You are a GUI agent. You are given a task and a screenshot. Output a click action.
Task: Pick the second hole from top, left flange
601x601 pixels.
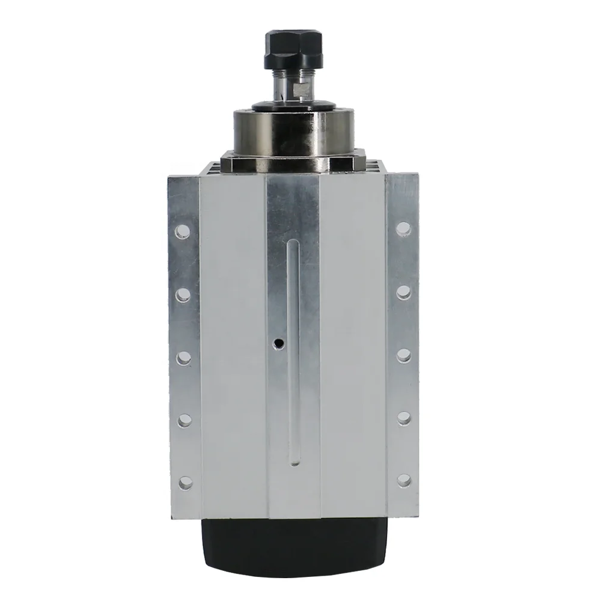[x=184, y=294]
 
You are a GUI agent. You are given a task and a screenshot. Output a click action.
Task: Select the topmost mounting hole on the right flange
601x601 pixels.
[x=404, y=228]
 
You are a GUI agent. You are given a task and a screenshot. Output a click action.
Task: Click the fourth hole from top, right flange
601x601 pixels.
[x=404, y=418]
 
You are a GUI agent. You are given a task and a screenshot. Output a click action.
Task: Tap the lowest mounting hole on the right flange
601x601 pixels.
[x=404, y=480]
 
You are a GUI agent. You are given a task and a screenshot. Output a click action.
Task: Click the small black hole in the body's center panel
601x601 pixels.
[x=278, y=343]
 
